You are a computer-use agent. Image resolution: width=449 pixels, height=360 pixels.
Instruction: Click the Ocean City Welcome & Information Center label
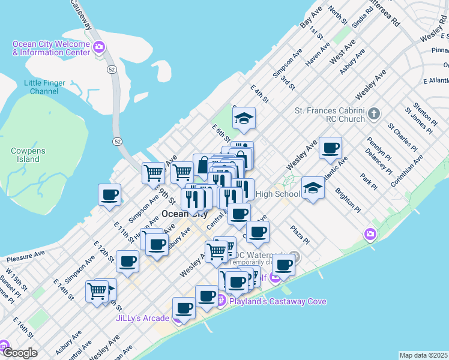coord(52,48)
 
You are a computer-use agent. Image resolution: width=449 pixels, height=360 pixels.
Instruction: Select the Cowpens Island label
coord(25,155)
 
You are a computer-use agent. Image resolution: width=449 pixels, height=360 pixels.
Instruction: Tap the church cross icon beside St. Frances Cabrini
coord(374,113)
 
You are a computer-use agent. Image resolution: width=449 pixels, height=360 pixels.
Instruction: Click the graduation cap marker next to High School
coord(313,188)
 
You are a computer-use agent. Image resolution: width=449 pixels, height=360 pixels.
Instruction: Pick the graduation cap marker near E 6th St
coord(244,118)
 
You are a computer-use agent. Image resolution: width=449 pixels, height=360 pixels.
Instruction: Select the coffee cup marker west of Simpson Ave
coord(110,195)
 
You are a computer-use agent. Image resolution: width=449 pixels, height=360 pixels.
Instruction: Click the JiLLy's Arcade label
coord(142,318)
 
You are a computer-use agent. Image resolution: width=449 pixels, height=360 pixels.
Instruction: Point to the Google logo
coord(19,353)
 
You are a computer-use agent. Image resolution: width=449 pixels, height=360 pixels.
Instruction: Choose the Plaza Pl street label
coord(299,234)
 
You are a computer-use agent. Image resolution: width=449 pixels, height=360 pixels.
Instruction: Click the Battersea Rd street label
coord(385,11)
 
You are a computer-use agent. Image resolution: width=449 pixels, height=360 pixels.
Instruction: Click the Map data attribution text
coord(424,355)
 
